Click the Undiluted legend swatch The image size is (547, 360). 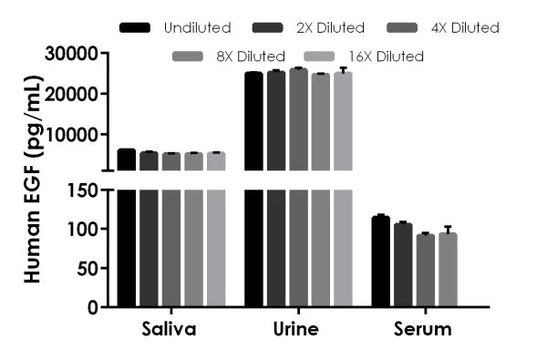tap(135, 28)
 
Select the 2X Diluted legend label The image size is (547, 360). tap(329, 28)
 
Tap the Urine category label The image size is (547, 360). tap(296, 329)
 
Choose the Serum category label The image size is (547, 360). tap(424, 329)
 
